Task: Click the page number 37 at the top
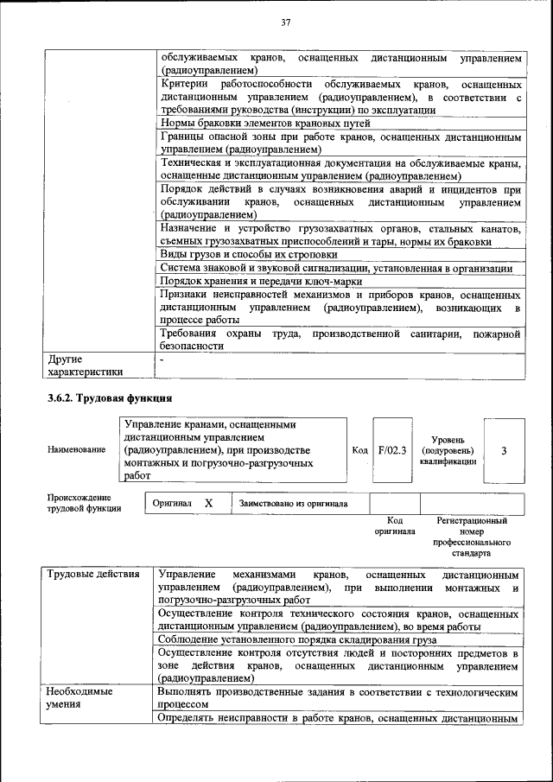pyautogui.click(x=284, y=22)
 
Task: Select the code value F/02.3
pyautogui.click(x=392, y=450)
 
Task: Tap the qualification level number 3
pyautogui.click(x=504, y=451)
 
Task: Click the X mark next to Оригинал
pyautogui.click(x=209, y=503)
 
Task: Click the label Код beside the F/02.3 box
pyautogui.click(x=360, y=450)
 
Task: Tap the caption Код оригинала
pyautogui.click(x=394, y=526)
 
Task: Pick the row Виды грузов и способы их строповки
pyautogui.click(x=249, y=255)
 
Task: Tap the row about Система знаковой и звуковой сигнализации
pyautogui.click(x=335, y=268)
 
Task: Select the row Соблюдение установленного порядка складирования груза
pyautogui.click(x=298, y=639)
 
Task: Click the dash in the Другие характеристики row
pyautogui.click(x=162, y=358)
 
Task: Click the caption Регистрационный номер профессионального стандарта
pyautogui.click(x=471, y=536)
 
